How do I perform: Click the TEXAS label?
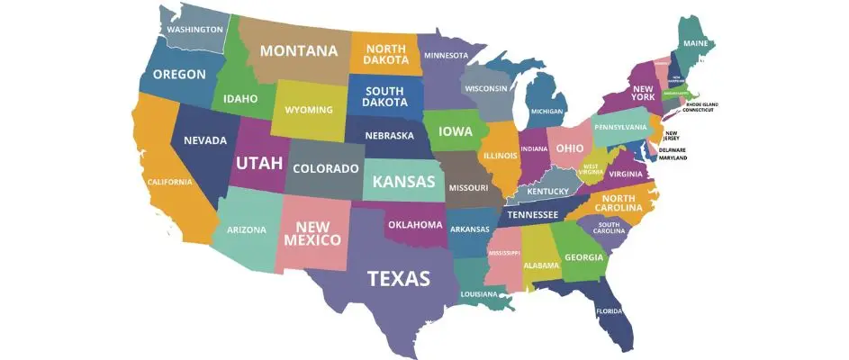coord(398,278)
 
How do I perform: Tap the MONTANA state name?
coord(299,51)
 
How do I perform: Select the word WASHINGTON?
coord(194,30)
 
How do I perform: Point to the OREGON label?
coord(180,74)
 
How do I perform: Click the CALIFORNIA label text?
coord(170,182)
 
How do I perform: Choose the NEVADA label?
coord(204,140)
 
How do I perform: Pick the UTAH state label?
coord(258,163)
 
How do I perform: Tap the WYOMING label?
coord(309,110)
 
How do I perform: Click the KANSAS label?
coord(403,182)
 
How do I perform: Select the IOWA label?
coord(456,131)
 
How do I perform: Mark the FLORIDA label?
coord(609,311)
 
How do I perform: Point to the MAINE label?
coord(695,43)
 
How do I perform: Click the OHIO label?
coord(569,148)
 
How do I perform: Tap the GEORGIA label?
coord(583,257)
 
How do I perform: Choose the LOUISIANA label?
coord(478,294)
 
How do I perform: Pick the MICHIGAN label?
coord(547,112)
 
